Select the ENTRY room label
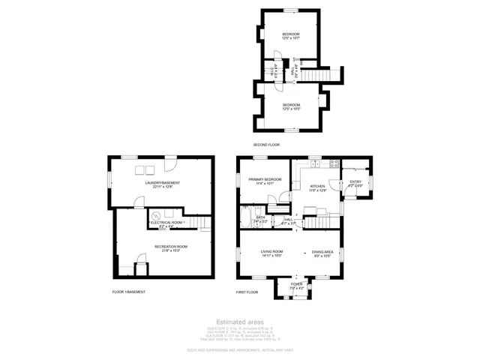click(355, 181)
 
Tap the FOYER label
click(297, 284)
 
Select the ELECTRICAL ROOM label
click(166, 223)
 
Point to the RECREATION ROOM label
click(171, 247)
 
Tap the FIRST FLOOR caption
click(247, 291)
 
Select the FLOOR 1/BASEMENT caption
click(128, 291)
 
